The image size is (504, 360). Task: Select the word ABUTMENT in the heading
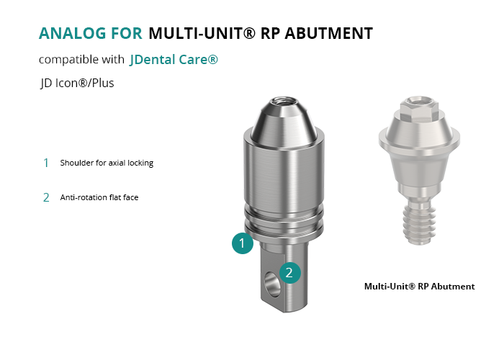click(329, 33)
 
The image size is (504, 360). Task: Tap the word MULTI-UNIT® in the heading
click(202, 33)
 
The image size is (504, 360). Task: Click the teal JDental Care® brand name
click(174, 60)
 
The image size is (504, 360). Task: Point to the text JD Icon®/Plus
click(77, 84)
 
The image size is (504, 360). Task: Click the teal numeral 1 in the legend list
click(46, 163)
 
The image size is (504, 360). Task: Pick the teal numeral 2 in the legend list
click(46, 197)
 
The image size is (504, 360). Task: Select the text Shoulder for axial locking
click(107, 163)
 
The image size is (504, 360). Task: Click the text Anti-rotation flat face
click(99, 197)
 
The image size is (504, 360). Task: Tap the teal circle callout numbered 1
click(243, 243)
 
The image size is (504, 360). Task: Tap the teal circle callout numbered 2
click(290, 273)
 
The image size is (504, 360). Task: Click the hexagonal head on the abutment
click(420, 109)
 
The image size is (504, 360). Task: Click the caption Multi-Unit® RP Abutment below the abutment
click(420, 287)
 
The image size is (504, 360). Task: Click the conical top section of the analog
click(283, 125)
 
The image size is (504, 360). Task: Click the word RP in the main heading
click(270, 33)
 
